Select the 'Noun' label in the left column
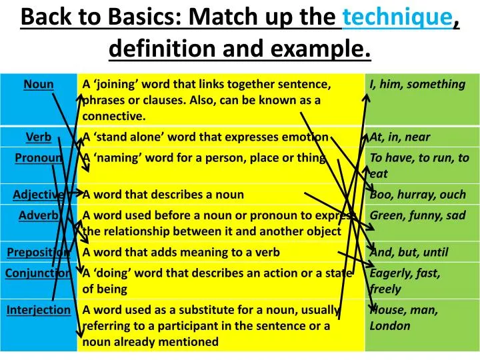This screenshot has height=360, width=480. click(x=39, y=84)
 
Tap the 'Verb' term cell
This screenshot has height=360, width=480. click(x=39, y=137)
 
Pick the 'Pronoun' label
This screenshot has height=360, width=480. click(x=39, y=157)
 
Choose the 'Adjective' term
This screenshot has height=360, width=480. click(x=39, y=195)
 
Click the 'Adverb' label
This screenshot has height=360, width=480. click(x=39, y=215)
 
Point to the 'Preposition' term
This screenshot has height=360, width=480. click(x=39, y=252)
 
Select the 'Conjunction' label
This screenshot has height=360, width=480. click(x=39, y=273)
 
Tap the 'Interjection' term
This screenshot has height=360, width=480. click(x=39, y=309)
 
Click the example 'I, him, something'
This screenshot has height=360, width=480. click(x=417, y=84)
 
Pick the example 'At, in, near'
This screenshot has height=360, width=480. click(x=400, y=137)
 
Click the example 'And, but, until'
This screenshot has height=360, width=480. click(x=409, y=252)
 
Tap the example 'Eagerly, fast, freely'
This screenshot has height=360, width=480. click(x=405, y=281)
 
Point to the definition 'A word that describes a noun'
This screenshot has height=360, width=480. click(x=163, y=195)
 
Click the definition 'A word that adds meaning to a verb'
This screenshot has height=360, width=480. click(x=181, y=252)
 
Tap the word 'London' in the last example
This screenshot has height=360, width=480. click(x=390, y=326)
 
